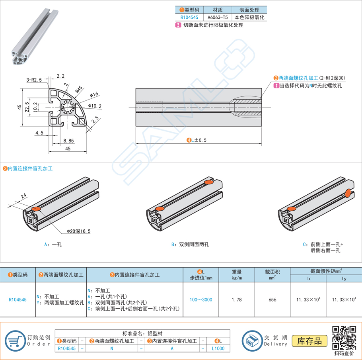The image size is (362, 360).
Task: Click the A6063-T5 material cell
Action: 218,18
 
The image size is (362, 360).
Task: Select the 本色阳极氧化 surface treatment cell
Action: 249,18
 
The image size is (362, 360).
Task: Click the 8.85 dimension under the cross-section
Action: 68,140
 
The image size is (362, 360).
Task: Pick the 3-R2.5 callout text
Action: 34,80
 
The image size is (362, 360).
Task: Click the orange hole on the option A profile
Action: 36,209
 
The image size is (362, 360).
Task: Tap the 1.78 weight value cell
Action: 236,299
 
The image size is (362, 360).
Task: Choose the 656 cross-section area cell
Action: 272,299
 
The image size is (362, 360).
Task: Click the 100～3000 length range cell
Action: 200,299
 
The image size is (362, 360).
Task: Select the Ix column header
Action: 308,279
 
